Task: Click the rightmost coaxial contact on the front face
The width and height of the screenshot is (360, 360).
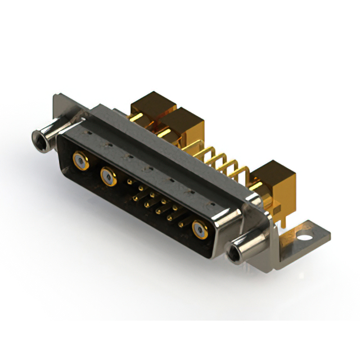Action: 200,228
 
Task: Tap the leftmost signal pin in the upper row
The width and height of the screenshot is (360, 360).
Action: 130,182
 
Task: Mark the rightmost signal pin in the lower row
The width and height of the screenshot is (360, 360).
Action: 181,224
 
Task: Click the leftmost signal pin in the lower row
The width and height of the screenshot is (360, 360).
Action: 136,197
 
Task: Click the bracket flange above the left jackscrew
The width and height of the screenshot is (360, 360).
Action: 60,108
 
